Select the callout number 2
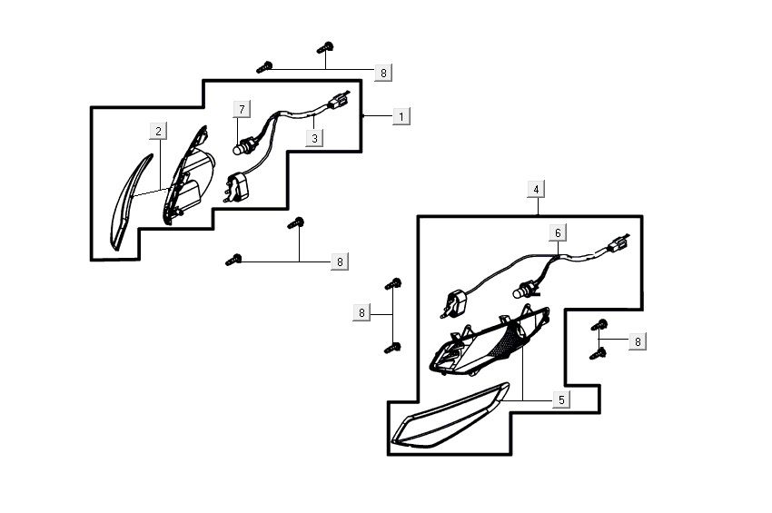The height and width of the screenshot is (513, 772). [158, 132]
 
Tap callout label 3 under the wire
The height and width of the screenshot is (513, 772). [314, 139]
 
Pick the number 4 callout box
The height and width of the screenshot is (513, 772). [537, 189]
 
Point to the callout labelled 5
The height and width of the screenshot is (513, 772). [560, 400]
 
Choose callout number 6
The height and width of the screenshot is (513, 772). [559, 233]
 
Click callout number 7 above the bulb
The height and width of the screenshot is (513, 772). [242, 110]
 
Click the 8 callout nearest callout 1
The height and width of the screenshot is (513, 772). [383, 72]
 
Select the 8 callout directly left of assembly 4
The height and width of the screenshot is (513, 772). [361, 313]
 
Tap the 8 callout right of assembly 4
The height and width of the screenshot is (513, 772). [638, 341]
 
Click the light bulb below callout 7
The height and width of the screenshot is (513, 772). [244, 143]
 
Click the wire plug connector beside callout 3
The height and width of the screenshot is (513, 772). [341, 104]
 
